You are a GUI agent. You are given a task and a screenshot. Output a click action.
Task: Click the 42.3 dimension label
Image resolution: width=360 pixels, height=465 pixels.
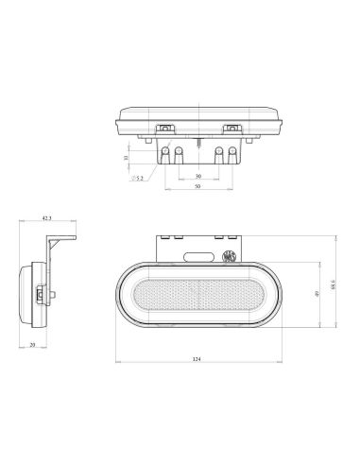[46, 220]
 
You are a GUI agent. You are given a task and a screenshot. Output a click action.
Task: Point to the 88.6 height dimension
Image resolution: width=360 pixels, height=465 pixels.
[333, 284]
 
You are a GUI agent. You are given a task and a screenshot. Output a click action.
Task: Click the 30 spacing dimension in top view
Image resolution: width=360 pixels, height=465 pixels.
[197, 176]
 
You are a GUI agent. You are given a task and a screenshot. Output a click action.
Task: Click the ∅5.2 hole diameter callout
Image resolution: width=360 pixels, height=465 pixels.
[139, 177]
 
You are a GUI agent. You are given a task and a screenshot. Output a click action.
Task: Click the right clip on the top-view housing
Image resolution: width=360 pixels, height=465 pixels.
[230, 128]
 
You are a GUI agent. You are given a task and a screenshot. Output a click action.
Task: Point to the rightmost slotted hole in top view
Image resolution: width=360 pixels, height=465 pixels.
[231, 152]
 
